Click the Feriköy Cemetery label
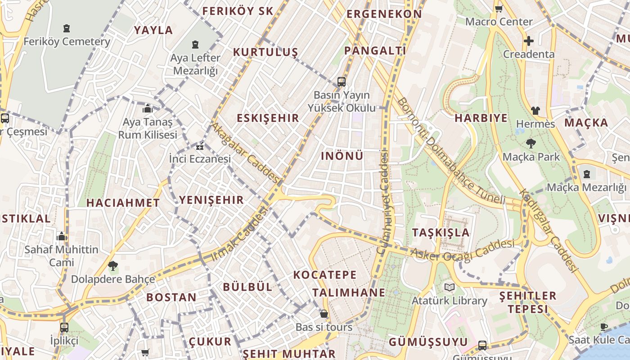(67, 42)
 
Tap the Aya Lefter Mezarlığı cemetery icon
(195, 45)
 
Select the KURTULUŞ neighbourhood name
(265, 52)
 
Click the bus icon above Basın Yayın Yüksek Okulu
(342, 82)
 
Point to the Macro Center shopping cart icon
(499, 9)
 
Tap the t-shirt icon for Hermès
(535, 110)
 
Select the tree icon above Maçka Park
(531, 144)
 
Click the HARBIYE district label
(481, 118)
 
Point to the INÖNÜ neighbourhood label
(342, 156)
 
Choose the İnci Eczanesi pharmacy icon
(199, 146)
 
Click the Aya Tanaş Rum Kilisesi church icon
(148, 109)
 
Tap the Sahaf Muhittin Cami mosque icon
(62, 236)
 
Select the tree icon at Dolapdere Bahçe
(113, 266)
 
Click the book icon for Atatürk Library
(449, 287)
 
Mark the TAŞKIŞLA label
(441, 233)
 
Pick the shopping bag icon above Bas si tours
(324, 314)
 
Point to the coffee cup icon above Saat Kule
(603, 327)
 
